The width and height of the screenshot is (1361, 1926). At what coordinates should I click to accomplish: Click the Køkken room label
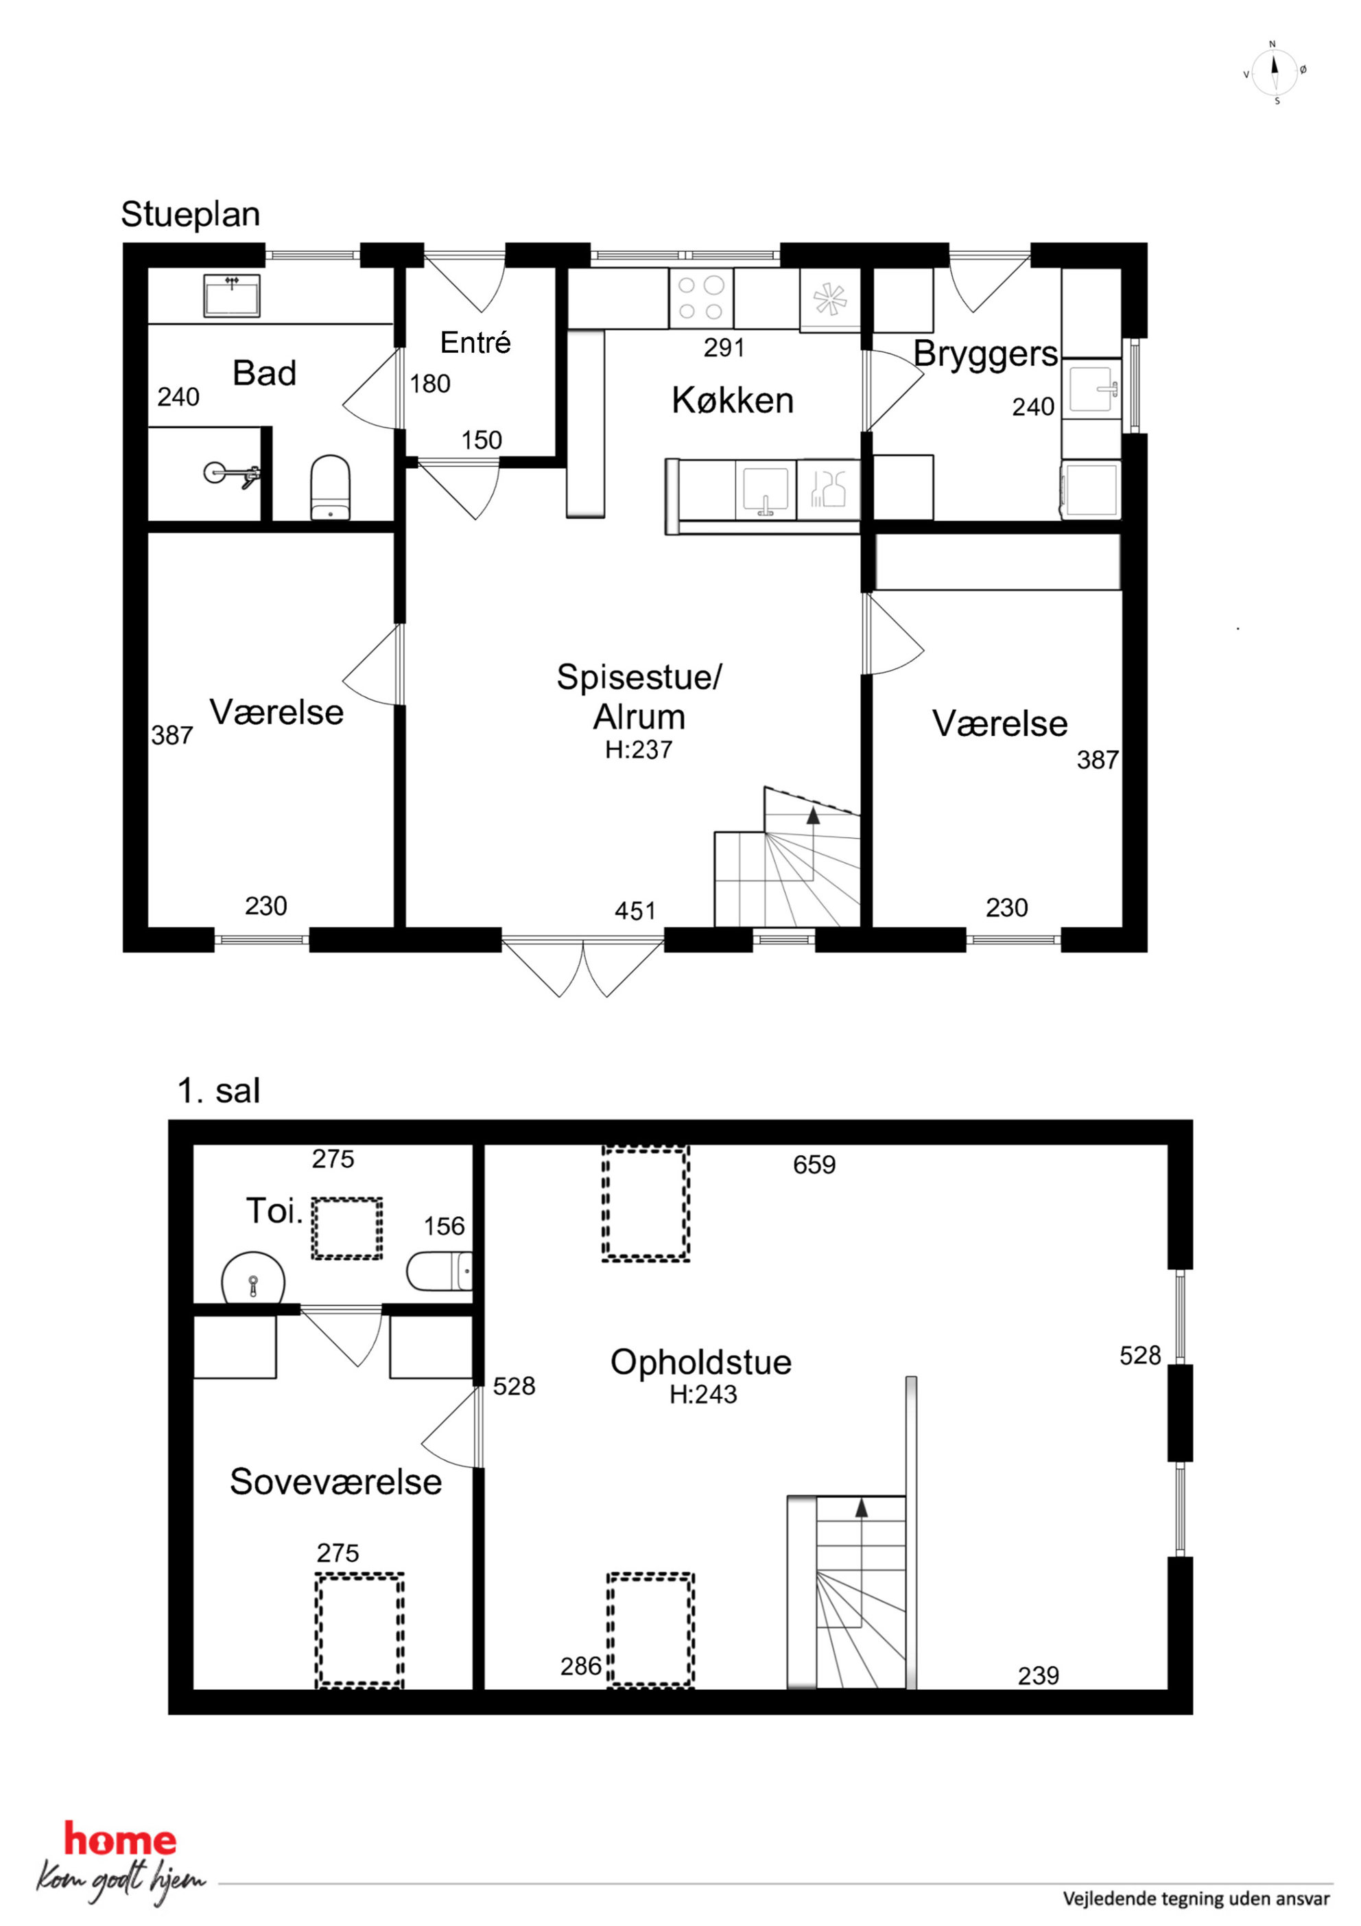click(732, 400)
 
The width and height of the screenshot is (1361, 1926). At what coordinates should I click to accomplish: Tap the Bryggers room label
click(985, 355)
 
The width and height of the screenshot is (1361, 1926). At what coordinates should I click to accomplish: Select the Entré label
click(475, 343)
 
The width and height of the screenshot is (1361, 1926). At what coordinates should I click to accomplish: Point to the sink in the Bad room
click(231, 295)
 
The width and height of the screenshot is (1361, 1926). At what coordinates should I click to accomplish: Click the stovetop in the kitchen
click(701, 298)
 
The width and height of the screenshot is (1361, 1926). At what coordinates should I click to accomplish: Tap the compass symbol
click(1275, 72)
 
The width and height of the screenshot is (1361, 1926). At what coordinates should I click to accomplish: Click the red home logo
click(121, 1840)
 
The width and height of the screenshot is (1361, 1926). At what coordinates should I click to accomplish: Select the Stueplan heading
click(190, 215)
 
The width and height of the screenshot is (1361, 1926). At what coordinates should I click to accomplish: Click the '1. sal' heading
click(219, 1091)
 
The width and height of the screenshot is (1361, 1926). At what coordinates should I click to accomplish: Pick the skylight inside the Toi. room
click(347, 1228)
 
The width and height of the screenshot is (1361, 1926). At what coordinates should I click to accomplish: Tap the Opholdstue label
click(701, 1362)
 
